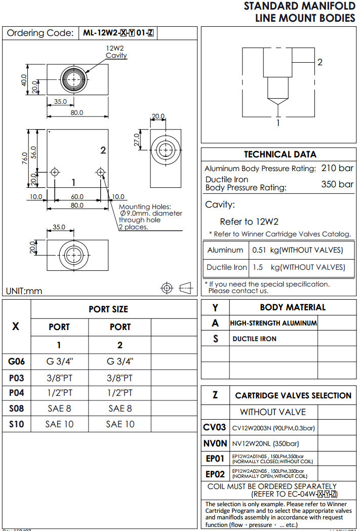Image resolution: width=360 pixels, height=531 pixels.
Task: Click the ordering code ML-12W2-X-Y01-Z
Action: pyautogui.click(x=118, y=33)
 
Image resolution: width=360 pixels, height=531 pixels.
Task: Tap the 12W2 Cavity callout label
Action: pyautogui.click(x=116, y=52)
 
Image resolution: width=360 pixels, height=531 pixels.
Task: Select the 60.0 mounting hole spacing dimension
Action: pyautogui.click(x=77, y=196)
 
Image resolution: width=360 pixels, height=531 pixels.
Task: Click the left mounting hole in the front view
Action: pyautogui.click(x=55, y=173)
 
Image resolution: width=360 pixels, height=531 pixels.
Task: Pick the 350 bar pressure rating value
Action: pyautogui.click(x=337, y=184)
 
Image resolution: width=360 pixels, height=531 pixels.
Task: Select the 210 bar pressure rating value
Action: pyautogui.click(x=337, y=168)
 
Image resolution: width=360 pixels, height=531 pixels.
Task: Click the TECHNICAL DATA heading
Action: pyautogui.click(x=280, y=154)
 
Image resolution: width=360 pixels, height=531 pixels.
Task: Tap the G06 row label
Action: pyautogui.click(x=16, y=361)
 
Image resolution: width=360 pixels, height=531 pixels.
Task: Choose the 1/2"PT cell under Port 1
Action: pyautogui.click(x=59, y=393)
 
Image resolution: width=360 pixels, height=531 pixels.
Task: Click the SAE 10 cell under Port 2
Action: pyautogui.click(x=120, y=424)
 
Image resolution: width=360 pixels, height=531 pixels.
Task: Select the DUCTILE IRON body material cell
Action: pyautogui.click(x=254, y=339)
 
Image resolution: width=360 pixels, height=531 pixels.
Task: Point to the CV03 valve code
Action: pyautogui.click(x=215, y=428)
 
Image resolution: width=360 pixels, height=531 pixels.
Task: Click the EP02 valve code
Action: pyautogui.click(x=215, y=474)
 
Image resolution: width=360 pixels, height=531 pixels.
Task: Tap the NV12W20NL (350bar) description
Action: pyautogui.click(x=265, y=444)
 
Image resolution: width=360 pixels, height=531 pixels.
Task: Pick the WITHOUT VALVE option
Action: pyautogui.click(x=273, y=412)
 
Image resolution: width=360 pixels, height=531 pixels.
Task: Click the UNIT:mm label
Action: pyautogui.click(x=24, y=291)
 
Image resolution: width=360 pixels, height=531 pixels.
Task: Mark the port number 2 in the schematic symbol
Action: pyautogui.click(x=319, y=62)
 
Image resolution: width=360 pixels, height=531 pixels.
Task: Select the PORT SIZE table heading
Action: pyautogui.click(x=108, y=309)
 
